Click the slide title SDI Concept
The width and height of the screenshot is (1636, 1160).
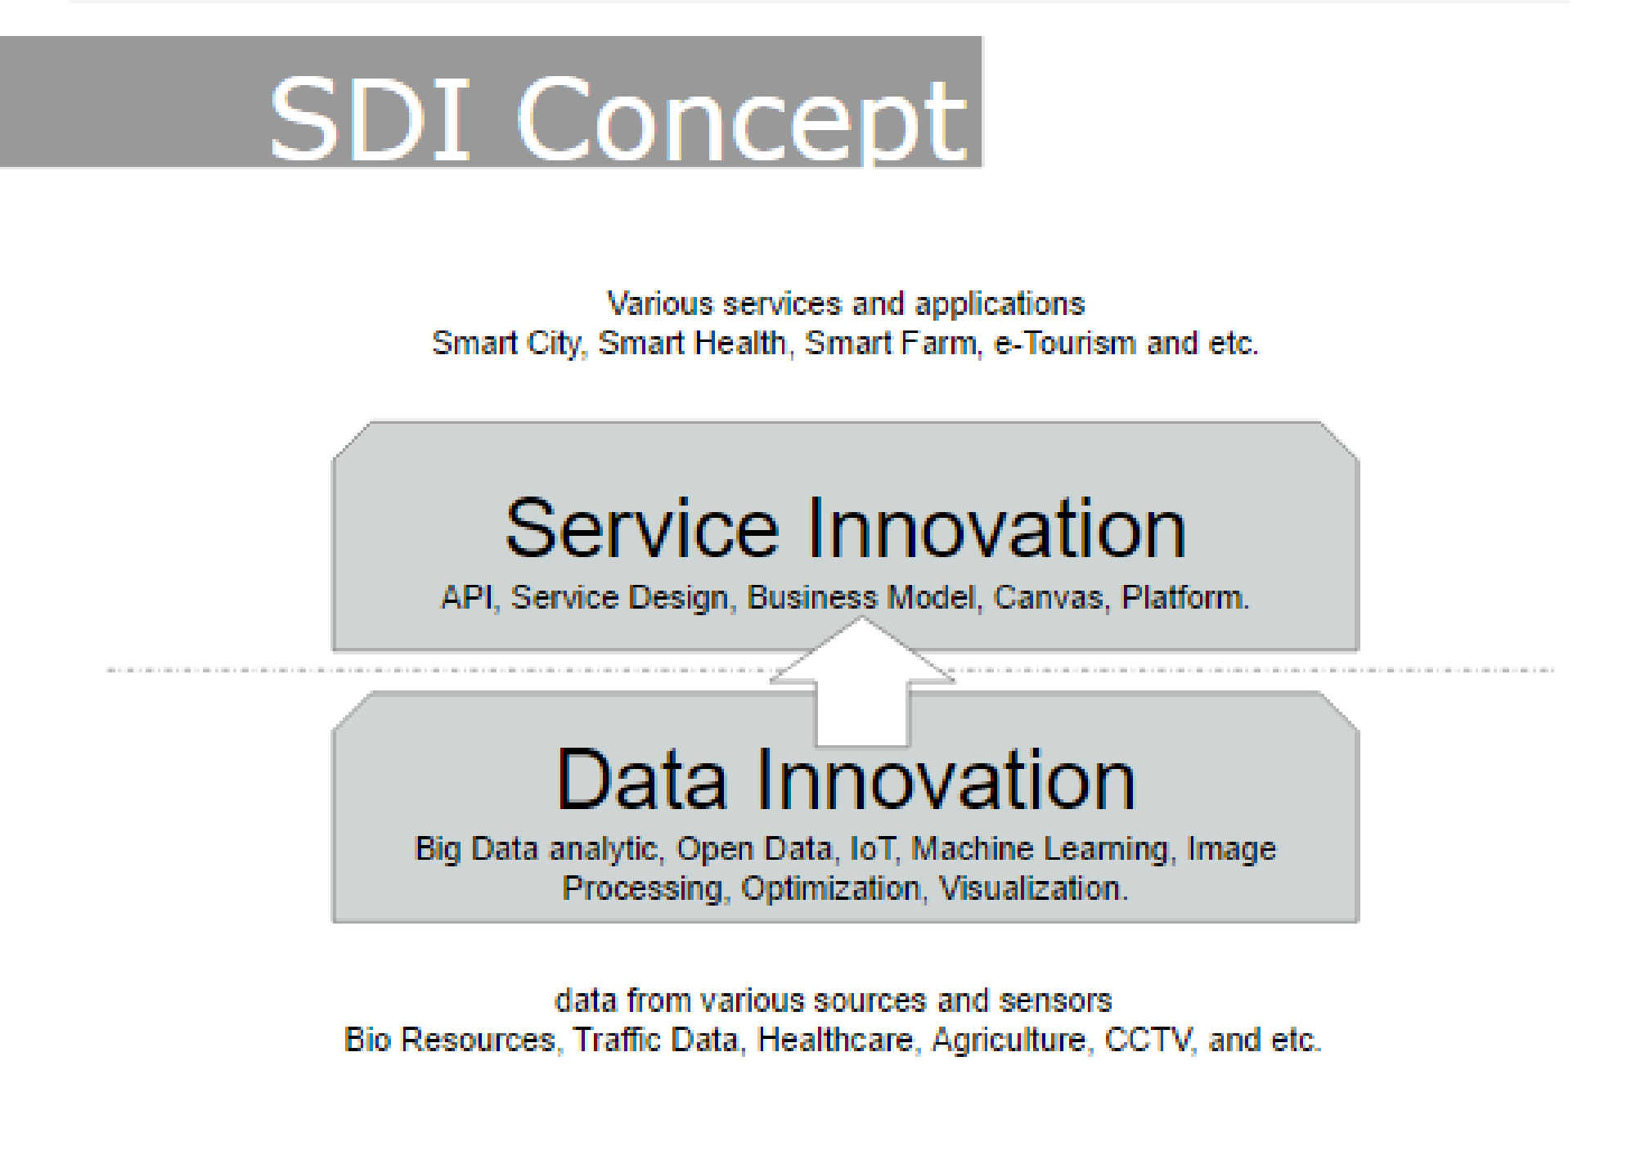(x=618, y=119)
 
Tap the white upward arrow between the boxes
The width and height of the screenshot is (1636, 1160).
(x=862, y=681)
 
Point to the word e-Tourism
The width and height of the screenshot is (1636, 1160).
(x=1064, y=344)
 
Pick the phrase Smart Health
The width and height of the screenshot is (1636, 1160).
(x=692, y=344)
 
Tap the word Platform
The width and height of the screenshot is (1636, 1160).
(x=1184, y=598)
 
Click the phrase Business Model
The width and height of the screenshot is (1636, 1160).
(x=863, y=598)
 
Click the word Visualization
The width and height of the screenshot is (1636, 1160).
(x=1033, y=888)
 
